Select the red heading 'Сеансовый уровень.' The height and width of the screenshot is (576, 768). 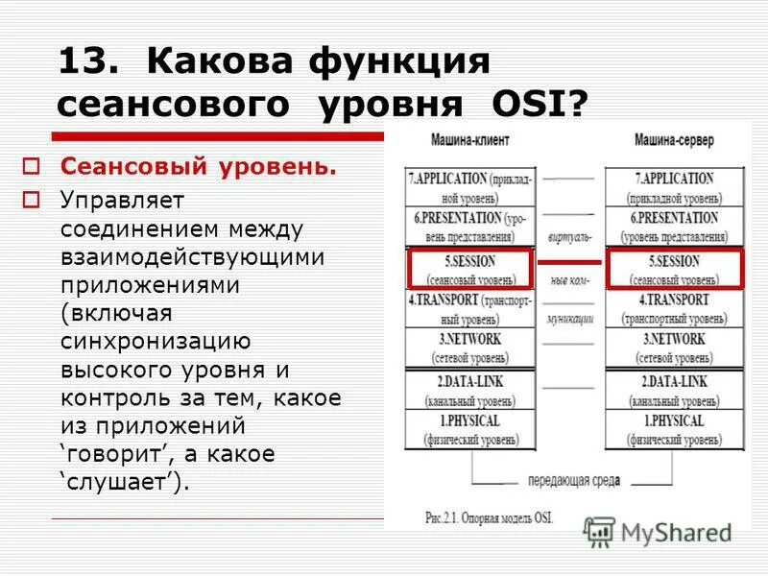coord(199,167)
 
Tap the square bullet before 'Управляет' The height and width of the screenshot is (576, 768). coord(33,200)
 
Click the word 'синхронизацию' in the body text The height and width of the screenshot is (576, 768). coord(156,341)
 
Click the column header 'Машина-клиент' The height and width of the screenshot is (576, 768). coord(470,140)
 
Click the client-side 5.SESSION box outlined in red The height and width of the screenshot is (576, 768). coord(470,269)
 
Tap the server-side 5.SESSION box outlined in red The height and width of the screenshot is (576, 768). coord(675,269)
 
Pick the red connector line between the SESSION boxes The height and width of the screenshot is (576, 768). coord(569,261)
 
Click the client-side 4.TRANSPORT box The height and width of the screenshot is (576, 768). coord(469,308)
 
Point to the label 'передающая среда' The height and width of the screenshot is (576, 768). coord(573,480)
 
